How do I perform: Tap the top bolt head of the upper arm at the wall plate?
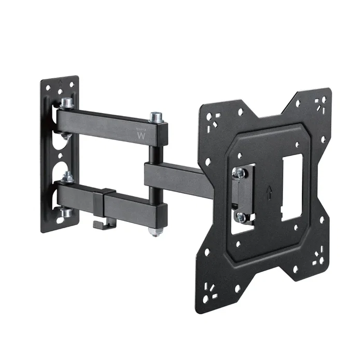[x=66, y=104]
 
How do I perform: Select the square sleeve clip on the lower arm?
[x=108, y=199]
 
